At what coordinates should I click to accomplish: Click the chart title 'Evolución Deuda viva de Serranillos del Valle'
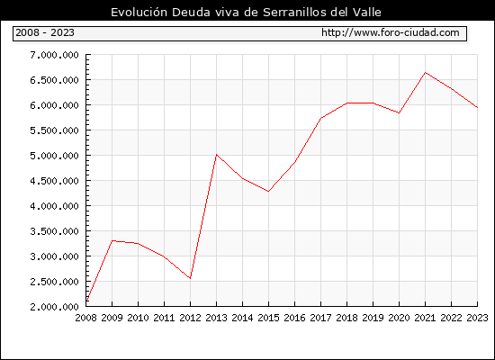tap(246, 13)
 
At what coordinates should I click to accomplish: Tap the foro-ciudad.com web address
tap(391, 32)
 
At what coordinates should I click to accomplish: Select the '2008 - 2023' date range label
tap(45, 32)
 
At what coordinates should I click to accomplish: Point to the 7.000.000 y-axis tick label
tap(54, 55)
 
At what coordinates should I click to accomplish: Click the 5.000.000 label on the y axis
tap(54, 156)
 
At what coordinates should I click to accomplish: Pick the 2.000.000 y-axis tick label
tap(54, 307)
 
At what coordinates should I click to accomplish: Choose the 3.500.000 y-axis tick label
tap(54, 231)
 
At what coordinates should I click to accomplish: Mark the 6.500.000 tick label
tap(54, 80)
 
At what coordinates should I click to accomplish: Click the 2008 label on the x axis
tap(85, 318)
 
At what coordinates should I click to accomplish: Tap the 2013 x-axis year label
tap(216, 318)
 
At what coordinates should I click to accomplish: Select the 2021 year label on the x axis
tap(425, 318)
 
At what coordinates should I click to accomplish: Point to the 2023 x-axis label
tap(477, 318)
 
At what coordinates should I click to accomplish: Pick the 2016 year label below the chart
tap(294, 318)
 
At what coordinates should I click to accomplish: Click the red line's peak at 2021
tap(425, 72)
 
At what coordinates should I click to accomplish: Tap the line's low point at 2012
tap(190, 278)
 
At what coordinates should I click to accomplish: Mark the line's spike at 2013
tap(216, 155)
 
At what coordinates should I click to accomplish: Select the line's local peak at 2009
tap(112, 240)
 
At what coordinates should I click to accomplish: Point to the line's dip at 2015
tap(268, 192)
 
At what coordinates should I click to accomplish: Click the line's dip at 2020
tap(399, 112)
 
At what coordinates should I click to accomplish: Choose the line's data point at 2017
tap(320, 118)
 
